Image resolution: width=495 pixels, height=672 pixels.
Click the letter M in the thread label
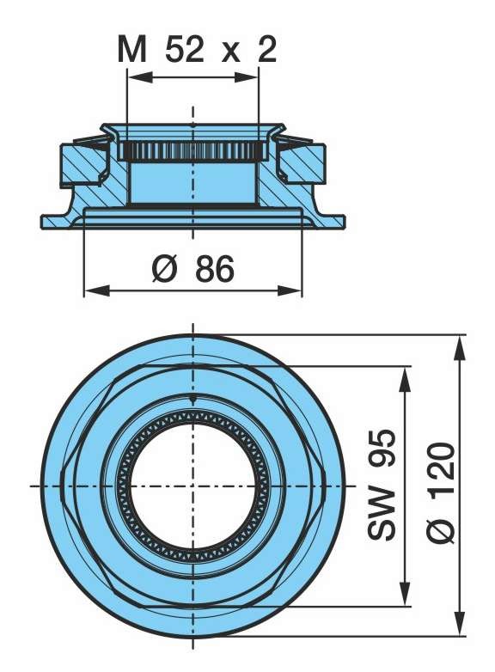point(131,51)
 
